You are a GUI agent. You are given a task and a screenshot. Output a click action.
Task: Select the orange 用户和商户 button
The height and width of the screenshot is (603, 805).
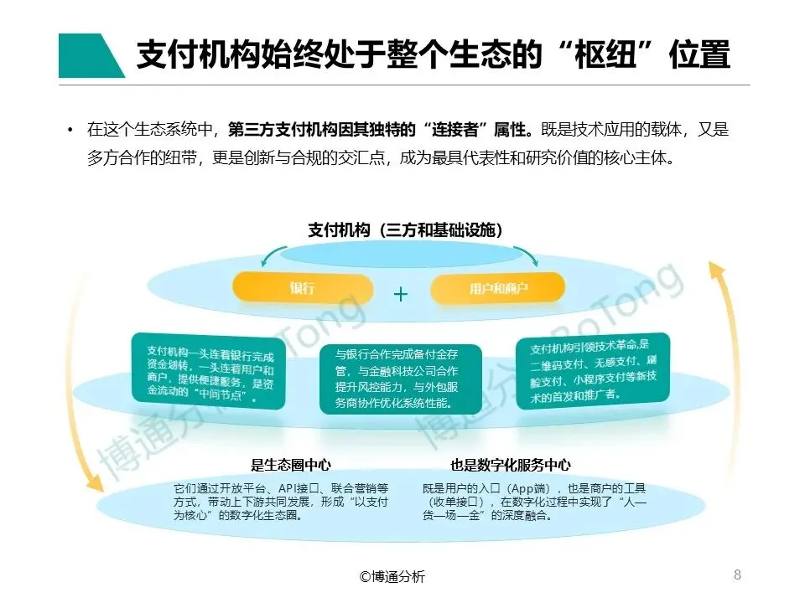500,289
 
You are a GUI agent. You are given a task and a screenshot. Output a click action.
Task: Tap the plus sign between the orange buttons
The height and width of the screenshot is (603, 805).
401,294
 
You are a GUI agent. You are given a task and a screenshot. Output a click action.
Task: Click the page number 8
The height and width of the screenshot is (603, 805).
737,574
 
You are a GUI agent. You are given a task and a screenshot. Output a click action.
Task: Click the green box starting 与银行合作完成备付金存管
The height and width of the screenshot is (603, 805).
401,378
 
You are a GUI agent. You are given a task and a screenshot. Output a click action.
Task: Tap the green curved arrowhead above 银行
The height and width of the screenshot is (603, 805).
267,260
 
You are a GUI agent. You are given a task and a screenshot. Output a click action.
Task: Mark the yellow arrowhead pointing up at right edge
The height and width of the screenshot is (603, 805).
715,270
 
